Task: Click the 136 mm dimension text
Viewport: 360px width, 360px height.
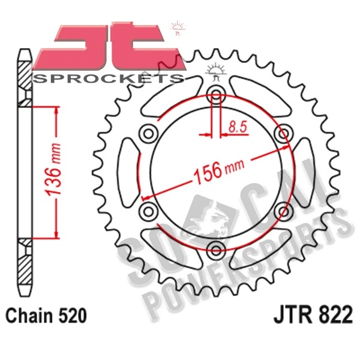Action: [53, 171]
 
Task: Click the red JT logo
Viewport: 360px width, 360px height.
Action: [102, 47]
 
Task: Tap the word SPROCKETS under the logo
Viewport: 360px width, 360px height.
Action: [109, 78]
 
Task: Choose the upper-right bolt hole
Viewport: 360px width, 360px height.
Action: [283, 132]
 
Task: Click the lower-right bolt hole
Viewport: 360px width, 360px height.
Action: [283, 210]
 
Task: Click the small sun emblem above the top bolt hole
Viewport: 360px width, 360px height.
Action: [215, 71]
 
